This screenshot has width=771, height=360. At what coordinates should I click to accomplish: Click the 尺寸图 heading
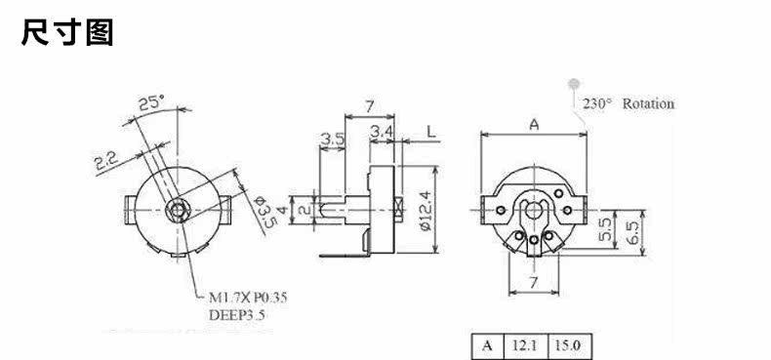(x=67, y=32)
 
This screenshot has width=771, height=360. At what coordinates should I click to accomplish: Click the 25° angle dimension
(x=151, y=102)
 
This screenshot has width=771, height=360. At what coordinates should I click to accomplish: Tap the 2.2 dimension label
(x=105, y=161)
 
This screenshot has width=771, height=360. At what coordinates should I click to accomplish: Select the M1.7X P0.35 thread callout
(x=248, y=297)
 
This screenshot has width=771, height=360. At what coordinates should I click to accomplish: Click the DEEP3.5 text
(x=236, y=315)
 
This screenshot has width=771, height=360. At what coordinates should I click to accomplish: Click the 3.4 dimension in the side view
(x=382, y=132)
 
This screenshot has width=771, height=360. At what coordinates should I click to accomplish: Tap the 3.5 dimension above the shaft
(x=333, y=140)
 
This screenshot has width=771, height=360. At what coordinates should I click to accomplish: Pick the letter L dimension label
(x=430, y=132)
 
